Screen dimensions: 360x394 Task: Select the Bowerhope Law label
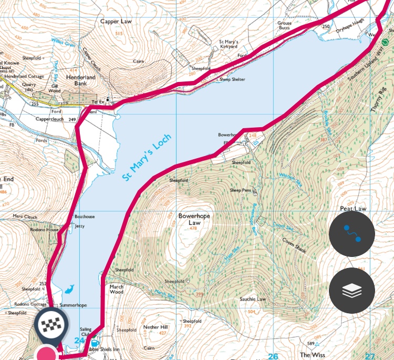tap(190, 219)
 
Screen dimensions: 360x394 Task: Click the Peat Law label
tap(352, 209)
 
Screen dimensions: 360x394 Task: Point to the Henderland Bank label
tap(81, 80)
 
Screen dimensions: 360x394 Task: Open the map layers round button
tap(351, 291)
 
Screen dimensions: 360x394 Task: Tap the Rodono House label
tap(44, 230)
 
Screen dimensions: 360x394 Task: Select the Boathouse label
tap(84, 217)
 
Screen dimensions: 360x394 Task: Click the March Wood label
tap(117, 290)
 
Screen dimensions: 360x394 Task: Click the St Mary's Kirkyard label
tap(228, 44)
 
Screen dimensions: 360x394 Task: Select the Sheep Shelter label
tap(232, 79)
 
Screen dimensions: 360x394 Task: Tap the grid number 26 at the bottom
tap(273, 356)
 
